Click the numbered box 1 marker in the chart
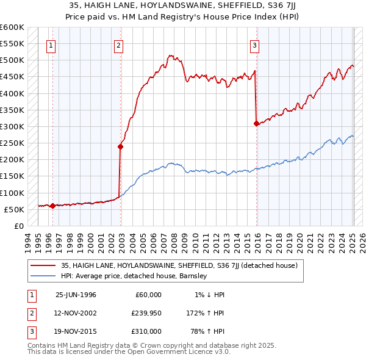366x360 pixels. (51, 45)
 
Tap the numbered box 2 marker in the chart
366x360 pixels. (118, 45)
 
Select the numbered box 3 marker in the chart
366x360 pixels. (254, 45)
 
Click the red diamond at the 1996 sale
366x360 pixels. (52, 206)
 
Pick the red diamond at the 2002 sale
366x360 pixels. (121, 146)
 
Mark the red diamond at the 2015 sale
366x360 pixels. (256, 123)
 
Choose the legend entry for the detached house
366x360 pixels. (179, 265)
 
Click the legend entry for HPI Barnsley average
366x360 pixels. (134, 276)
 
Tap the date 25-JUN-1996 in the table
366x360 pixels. (76, 295)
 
